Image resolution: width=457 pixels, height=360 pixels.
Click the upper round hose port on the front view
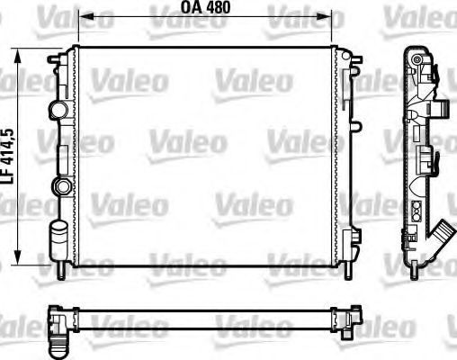click(59, 110)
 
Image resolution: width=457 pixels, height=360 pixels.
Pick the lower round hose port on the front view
click(60, 186)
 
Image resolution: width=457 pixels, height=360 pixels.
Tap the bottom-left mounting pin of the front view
click(60, 268)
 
